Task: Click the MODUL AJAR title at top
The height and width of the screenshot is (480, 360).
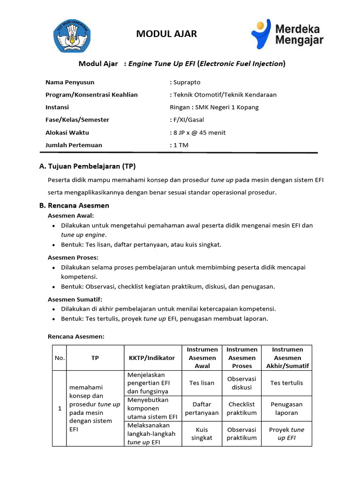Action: [x=166, y=33]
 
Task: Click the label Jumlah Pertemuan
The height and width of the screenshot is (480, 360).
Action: [x=74, y=145]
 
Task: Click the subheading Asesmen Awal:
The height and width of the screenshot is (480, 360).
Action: [x=71, y=216]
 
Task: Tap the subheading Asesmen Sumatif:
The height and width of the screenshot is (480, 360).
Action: [x=75, y=299]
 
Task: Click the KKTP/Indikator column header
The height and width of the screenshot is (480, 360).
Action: [x=151, y=358]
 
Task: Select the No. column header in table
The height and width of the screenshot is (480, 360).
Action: [x=59, y=358]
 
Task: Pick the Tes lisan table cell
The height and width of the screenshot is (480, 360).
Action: [x=202, y=383]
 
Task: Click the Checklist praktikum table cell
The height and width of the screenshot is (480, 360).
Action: [x=242, y=408]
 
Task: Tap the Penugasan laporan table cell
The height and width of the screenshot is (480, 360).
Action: [x=286, y=408]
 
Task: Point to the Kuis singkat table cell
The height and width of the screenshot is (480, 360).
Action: [x=202, y=434]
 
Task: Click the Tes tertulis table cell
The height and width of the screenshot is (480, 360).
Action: [x=286, y=383]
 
